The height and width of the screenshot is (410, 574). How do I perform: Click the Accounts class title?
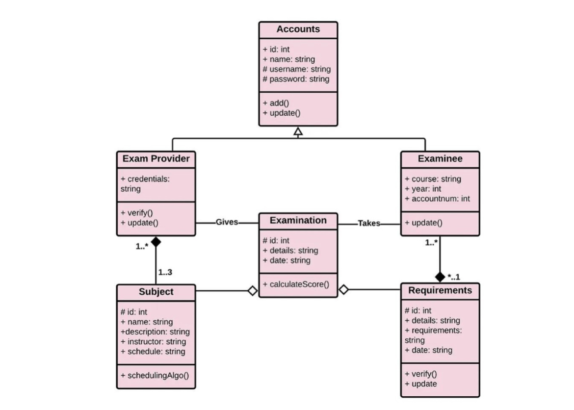click(298, 29)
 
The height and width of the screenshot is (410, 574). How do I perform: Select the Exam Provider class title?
click(156, 159)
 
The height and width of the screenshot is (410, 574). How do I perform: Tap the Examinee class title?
click(440, 159)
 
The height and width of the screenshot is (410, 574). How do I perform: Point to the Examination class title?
click(298, 221)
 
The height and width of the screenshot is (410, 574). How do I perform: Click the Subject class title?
click(156, 292)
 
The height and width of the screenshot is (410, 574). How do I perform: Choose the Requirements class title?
click(440, 290)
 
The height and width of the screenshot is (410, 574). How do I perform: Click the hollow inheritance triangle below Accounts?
click(298, 131)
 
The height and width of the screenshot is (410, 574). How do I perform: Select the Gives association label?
click(227, 223)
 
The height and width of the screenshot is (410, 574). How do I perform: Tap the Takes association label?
click(369, 224)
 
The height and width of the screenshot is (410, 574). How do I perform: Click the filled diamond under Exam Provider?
click(156, 241)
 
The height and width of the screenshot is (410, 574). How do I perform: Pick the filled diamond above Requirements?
click(440, 277)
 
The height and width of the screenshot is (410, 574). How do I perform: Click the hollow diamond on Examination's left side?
click(252, 291)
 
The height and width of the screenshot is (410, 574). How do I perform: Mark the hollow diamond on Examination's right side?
click(344, 290)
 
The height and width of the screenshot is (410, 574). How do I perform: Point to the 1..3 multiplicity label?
click(165, 272)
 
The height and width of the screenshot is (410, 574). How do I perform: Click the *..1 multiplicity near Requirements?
click(454, 278)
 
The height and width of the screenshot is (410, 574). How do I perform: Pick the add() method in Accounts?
click(276, 103)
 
